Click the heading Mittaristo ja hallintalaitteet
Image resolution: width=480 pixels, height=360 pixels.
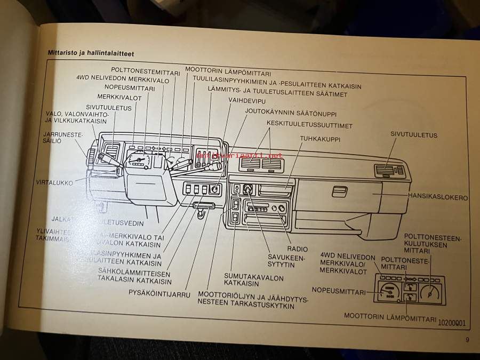coord(90,53)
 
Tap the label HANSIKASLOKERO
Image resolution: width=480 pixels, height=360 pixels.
coord(437,197)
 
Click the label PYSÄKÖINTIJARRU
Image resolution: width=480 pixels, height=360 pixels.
coord(159,293)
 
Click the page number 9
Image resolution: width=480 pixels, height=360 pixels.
coord(467,340)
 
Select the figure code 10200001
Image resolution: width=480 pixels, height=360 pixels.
coord(451,323)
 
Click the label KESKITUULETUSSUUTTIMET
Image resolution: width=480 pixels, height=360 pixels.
coord(309,125)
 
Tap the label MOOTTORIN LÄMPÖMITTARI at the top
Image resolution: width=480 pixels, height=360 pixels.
coord(228,70)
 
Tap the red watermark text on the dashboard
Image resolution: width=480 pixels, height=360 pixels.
coord(238,155)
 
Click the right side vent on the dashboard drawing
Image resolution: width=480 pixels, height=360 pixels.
coord(389,170)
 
